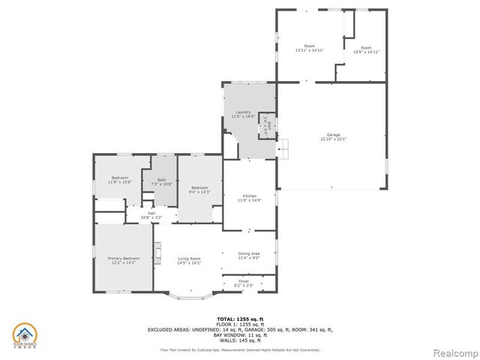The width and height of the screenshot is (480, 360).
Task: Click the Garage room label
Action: tap(334, 135)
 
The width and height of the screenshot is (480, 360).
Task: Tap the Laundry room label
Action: tap(243, 112)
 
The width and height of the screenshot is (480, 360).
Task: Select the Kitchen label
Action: tap(250, 196)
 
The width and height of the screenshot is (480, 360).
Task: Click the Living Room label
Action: tap(189, 259)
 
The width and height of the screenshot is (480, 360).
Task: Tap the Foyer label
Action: tap(244, 282)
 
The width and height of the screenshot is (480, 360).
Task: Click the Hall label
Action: tap(151, 214)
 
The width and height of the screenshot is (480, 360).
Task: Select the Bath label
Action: tap(162, 180)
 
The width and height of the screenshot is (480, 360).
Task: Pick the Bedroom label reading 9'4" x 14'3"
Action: tap(199, 190)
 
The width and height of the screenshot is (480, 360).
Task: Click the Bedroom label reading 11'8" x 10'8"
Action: tap(119, 180)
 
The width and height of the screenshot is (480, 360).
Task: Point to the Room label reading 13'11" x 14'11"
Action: tap(309, 48)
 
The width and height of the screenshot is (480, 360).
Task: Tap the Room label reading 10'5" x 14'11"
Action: tap(367, 49)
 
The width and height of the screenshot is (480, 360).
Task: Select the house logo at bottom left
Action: tap(25, 334)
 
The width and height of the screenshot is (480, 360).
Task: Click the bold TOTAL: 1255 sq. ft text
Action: tap(240, 319)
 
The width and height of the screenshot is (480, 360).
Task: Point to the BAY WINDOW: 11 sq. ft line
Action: tap(240, 334)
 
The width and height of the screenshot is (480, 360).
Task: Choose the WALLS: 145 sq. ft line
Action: tap(240, 339)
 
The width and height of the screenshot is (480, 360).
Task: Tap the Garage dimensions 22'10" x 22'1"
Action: tap(334, 139)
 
